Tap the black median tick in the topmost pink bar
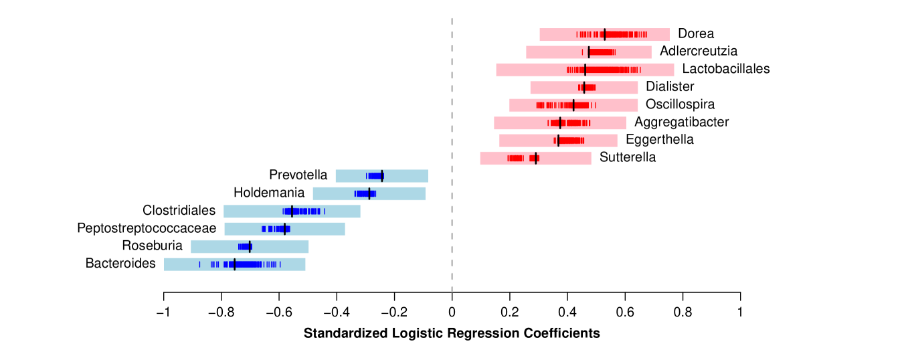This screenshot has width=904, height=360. pyautogui.click(x=605, y=35)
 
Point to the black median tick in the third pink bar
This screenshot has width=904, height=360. pyautogui.click(x=585, y=70)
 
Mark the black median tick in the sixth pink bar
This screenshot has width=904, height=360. pyautogui.click(x=560, y=123)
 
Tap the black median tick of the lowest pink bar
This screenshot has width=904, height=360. pyautogui.click(x=535, y=159)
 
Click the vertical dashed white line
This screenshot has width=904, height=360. pyautogui.click(x=452, y=154)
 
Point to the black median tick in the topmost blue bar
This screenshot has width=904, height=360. pyautogui.click(x=382, y=176)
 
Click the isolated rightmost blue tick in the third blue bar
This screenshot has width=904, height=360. pyautogui.click(x=325, y=211)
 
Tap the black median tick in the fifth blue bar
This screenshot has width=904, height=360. pyautogui.click(x=250, y=247)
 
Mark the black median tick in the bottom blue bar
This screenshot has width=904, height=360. pyautogui.click(x=234, y=264)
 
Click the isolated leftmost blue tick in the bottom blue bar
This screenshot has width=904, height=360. pyautogui.click(x=199, y=264)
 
